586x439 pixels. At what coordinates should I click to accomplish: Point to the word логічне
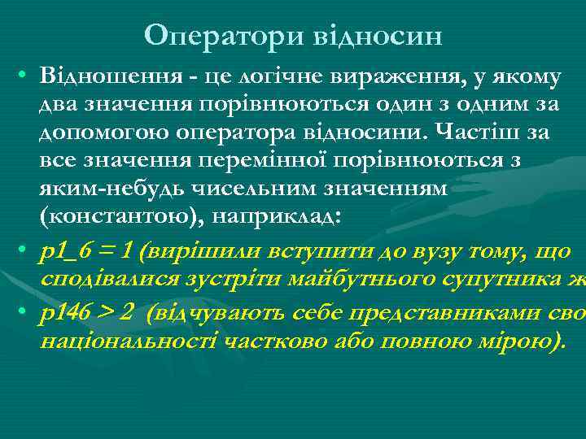click(274, 77)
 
